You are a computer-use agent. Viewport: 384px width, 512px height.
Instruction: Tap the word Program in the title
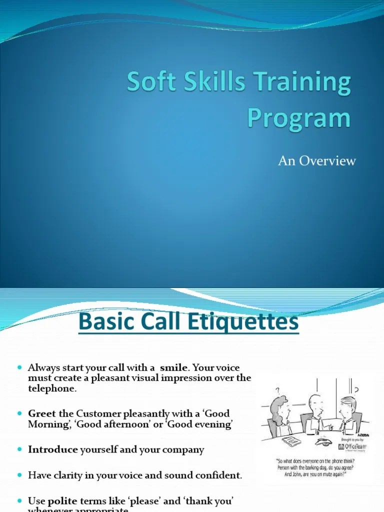point(298,118)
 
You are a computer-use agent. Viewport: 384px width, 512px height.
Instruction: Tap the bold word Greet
point(42,413)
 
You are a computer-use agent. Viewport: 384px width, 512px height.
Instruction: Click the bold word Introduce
point(53,449)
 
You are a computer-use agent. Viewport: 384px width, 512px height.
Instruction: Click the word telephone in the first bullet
point(52,388)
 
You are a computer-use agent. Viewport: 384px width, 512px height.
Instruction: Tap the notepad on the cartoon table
point(290,441)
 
